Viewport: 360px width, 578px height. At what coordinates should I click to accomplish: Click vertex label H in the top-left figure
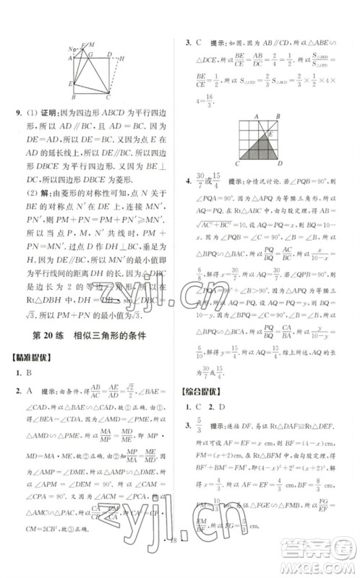[123, 57]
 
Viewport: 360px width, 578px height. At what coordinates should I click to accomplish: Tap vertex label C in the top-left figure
[108, 97]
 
